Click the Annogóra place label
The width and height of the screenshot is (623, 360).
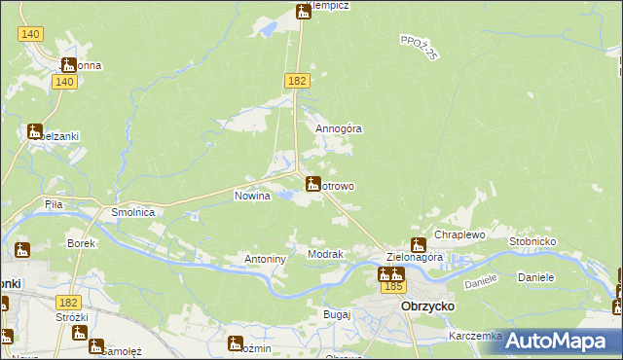(x=339, y=127)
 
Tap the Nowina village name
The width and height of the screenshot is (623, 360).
(x=251, y=196)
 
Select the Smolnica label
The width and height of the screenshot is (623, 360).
(x=133, y=211)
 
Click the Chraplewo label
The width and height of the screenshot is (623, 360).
(x=459, y=235)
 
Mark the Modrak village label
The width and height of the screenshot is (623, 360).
(x=325, y=254)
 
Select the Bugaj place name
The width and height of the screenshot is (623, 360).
(x=337, y=315)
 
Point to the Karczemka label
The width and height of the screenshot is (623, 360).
(x=475, y=336)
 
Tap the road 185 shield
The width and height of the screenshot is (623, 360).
(x=393, y=287)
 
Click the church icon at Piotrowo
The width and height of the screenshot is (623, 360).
(x=313, y=184)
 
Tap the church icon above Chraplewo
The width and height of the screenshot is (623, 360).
(x=419, y=244)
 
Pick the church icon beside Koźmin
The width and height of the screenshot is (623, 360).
(x=235, y=343)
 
